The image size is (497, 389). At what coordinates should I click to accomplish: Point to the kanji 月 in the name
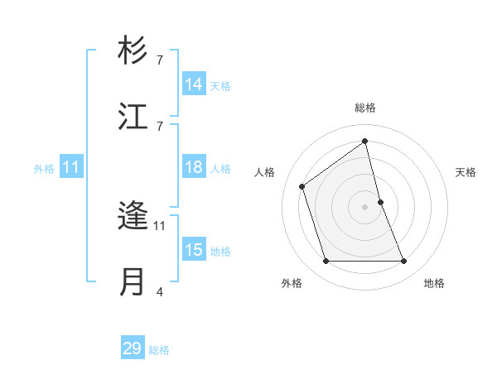coord(133,281)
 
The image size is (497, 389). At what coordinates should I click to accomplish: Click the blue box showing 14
coord(194,84)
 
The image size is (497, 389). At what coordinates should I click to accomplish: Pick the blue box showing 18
coord(194,167)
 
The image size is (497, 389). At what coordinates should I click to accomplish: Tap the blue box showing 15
coord(194,250)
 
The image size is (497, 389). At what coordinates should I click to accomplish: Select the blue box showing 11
coord(71,167)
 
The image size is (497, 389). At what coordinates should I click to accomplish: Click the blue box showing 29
coord(133,348)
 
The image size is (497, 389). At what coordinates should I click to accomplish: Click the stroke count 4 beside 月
coord(159,291)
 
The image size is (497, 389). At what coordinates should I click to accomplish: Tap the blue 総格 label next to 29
coord(159,350)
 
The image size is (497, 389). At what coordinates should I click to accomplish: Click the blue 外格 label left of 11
coord(44,168)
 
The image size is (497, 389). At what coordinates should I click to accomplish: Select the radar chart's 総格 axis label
coord(365,108)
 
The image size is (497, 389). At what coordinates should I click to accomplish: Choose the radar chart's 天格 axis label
coord(466,172)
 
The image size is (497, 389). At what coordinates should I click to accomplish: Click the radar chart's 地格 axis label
coord(434,284)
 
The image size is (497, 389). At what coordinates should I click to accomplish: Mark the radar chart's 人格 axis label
coord(265,172)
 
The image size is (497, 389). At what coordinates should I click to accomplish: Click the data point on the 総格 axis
coord(365,141)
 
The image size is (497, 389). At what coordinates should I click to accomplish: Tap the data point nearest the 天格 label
coord(380,202)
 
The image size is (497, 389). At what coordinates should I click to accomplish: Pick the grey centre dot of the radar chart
coord(365,206)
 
